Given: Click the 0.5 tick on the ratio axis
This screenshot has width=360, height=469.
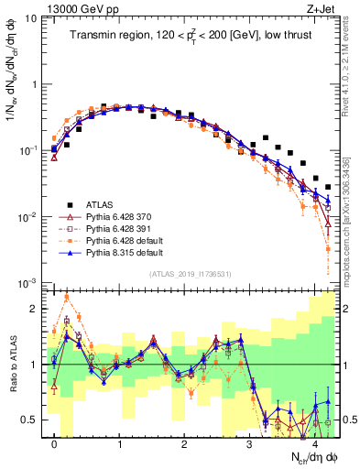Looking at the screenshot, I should [x=32, y=420].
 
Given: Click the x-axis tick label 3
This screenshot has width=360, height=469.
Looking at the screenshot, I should [x=249, y=444].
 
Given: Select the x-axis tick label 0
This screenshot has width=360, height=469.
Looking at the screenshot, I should [x=55, y=444].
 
